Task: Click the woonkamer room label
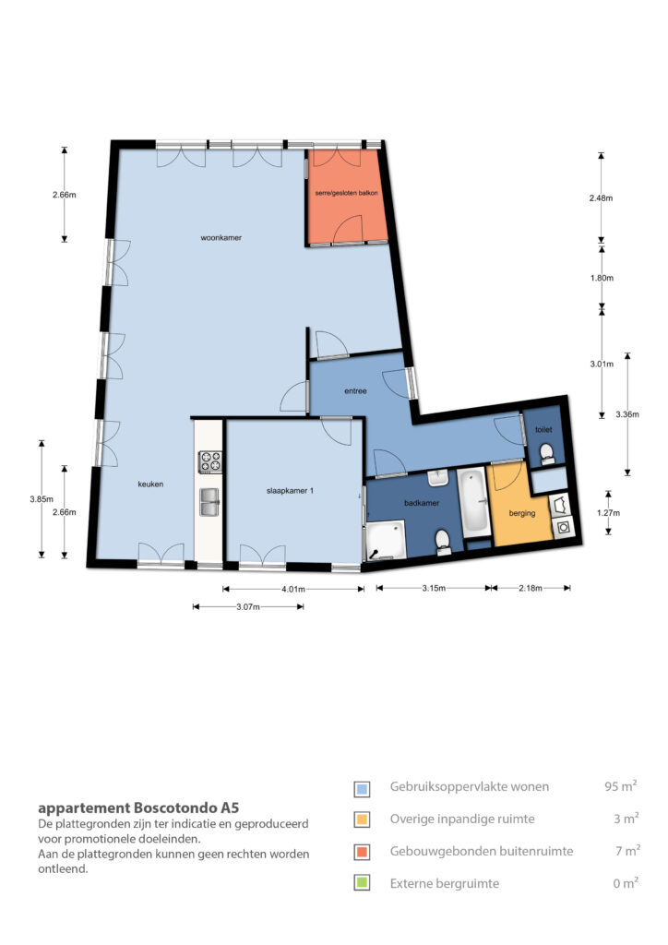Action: pos(221,237)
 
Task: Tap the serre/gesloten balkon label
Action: pos(346,193)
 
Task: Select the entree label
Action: pos(355,391)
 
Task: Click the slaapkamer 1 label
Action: pos(290,491)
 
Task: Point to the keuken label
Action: pos(150,484)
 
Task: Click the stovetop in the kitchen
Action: pos(210,462)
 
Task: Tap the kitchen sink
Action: pos(210,502)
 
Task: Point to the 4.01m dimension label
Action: pos(293,590)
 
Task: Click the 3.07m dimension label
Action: pos(247,607)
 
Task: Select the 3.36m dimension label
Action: pos(627,414)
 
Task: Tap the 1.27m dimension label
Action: pos(608,513)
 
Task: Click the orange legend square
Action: pos(362,852)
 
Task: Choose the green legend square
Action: pos(362,883)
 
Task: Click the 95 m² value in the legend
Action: pos(621,786)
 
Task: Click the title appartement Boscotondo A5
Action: pos(138,807)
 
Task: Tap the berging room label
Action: pos(521,513)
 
